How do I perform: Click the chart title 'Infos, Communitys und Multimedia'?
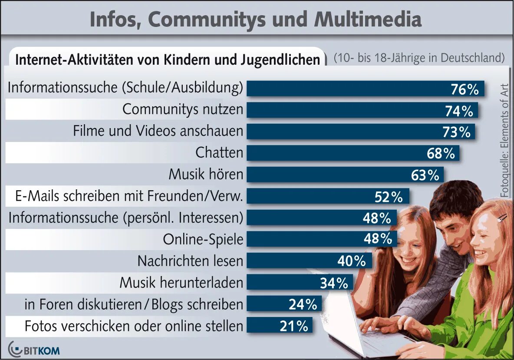pos(255,20)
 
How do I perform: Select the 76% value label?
pos(464,89)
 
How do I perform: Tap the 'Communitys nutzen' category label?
pos(182,109)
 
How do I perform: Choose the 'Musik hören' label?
pos(206,175)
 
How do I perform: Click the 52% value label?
pos(389,197)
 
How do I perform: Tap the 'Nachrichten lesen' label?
pos(190,261)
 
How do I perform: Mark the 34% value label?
pos(334,283)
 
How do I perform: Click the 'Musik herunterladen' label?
pos(181,283)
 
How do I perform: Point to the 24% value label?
pos(303,304)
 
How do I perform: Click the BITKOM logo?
pos(34,350)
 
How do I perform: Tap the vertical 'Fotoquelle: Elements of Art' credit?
pos(504,141)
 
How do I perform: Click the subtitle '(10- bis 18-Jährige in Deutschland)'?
pos(419,58)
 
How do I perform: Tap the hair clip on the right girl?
pos(503,216)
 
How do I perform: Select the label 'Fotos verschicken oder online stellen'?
pos(134,326)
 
